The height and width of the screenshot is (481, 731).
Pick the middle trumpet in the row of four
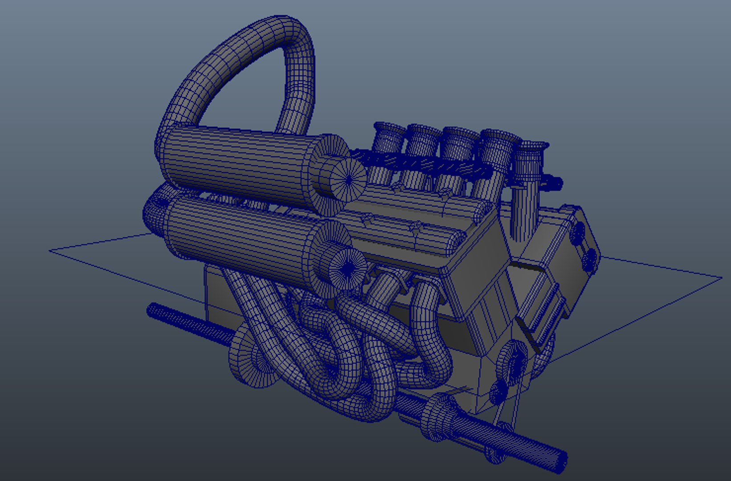[459, 136]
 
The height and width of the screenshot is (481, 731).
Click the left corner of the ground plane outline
[50, 251]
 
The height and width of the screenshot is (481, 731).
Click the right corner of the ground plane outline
[721, 278]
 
